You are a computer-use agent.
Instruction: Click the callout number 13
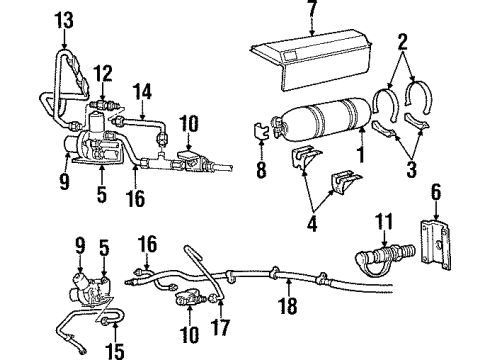click(65, 20)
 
